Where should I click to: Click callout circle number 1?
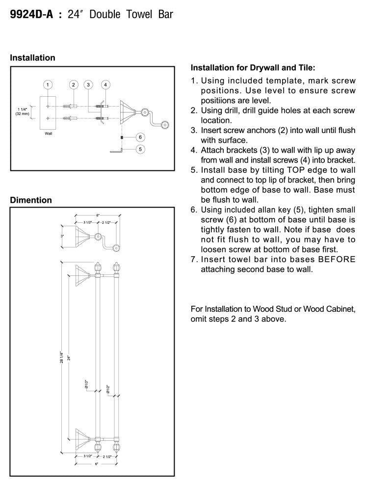(x=48, y=85)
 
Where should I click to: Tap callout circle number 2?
(x=73, y=85)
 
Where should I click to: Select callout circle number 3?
(x=88, y=85)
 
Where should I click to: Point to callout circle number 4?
(x=105, y=85)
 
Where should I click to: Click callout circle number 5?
(x=140, y=148)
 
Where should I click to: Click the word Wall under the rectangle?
(x=48, y=133)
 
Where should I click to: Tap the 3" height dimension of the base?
(x=62, y=236)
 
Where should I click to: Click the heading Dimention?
(x=30, y=200)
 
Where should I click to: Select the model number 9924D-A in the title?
(x=30, y=15)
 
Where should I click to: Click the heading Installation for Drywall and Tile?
(x=252, y=67)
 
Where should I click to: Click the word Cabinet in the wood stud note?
(x=340, y=309)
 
